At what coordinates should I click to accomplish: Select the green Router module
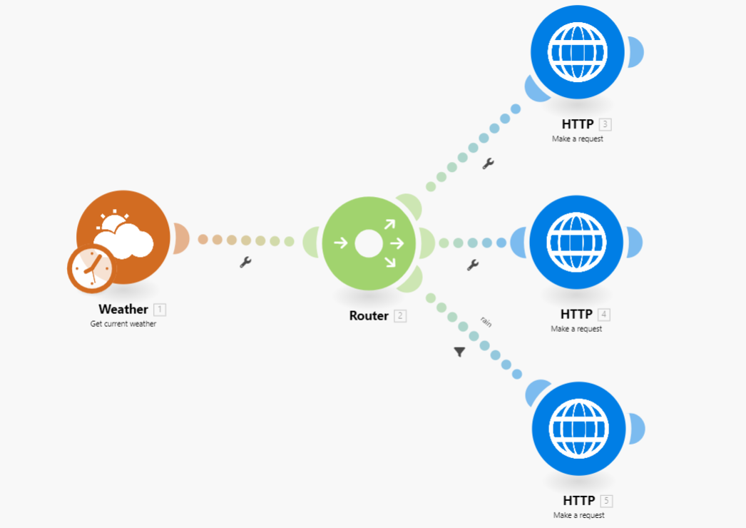pyautogui.click(x=368, y=243)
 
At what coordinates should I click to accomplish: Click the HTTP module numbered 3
pyautogui.click(x=578, y=52)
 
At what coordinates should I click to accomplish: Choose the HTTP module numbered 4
pyautogui.click(x=576, y=242)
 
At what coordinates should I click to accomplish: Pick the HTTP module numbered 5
pyautogui.click(x=578, y=429)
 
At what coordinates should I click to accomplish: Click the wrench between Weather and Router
pyautogui.click(x=245, y=263)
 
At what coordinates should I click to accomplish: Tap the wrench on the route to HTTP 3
pyautogui.click(x=488, y=163)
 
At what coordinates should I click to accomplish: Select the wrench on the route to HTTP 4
pyautogui.click(x=472, y=265)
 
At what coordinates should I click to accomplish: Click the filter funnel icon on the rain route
pyautogui.click(x=459, y=352)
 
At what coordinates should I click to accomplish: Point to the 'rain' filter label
pyautogui.click(x=486, y=322)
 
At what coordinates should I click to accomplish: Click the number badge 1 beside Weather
pyautogui.click(x=160, y=310)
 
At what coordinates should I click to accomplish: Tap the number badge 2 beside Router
pyautogui.click(x=400, y=316)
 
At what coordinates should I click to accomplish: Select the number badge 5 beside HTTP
pyautogui.click(x=606, y=501)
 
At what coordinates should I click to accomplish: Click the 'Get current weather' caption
pyautogui.click(x=123, y=324)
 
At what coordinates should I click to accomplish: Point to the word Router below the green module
pyautogui.click(x=369, y=315)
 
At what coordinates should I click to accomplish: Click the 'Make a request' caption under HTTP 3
pyautogui.click(x=577, y=139)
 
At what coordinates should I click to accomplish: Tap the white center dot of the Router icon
pyautogui.click(x=368, y=243)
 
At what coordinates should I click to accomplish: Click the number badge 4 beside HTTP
pyautogui.click(x=604, y=315)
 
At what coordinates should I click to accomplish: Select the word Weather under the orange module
pyautogui.click(x=123, y=310)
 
